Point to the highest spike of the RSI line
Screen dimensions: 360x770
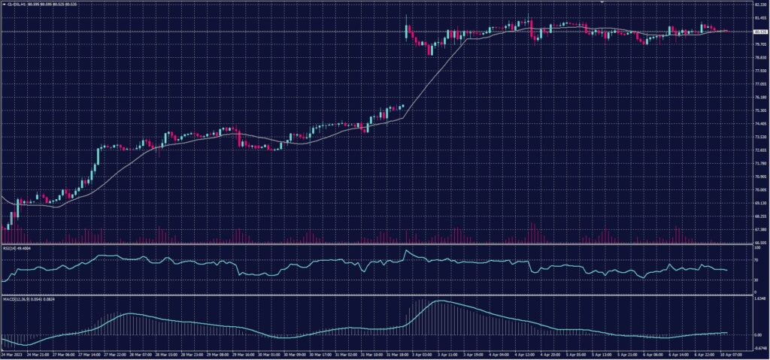[406, 250]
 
